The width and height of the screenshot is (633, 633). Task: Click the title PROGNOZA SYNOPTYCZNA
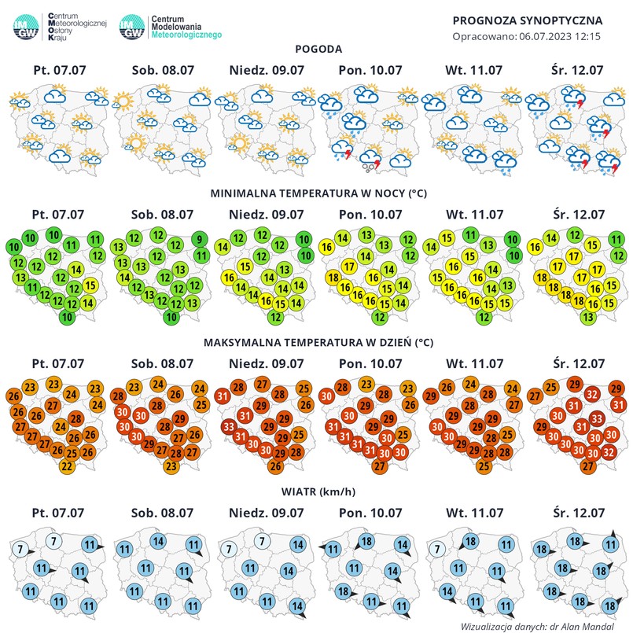(528, 20)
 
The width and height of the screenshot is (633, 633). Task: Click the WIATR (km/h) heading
(317, 492)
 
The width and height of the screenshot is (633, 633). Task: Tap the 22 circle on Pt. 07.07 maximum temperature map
(68, 466)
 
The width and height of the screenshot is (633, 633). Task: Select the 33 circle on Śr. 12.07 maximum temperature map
(597, 418)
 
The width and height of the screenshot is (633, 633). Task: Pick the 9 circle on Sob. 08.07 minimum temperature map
(200, 240)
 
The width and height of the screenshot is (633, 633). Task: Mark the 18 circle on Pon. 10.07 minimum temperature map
(333, 278)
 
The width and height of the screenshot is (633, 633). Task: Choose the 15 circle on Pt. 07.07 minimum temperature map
(89, 286)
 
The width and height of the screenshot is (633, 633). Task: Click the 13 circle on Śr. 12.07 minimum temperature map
(587, 318)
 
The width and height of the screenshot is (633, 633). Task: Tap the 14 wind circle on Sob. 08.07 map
(158, 541)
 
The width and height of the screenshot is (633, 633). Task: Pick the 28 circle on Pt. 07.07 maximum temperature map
(76, 418)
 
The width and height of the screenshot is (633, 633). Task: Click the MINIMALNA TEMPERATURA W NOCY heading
(317, 193)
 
